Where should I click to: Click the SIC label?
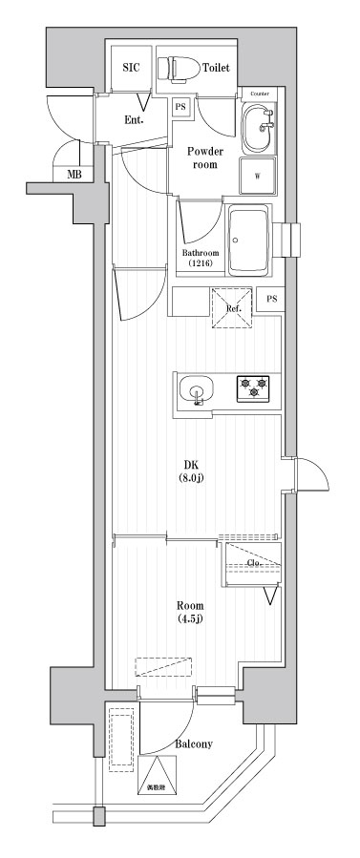pos(131,69)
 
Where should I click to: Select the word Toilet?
pos(216,69)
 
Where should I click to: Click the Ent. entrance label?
pos(134,120)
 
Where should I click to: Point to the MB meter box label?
pos(73,175)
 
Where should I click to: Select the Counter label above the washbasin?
pos(260,93)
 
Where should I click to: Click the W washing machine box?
pos(258,176)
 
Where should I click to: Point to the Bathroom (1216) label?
pos(201,258)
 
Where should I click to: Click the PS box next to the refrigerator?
pos(272,299)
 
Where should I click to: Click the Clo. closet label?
pos(253,563)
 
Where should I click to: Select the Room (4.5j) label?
pos(188,611)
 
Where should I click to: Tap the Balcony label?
pos(193,743)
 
